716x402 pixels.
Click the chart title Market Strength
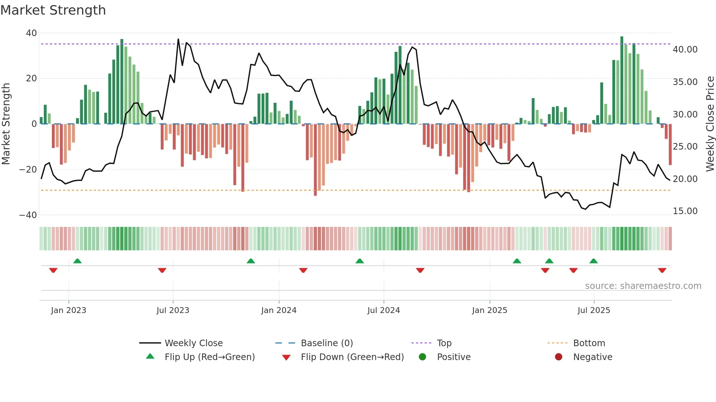click(53, 10)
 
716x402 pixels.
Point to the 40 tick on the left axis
click(31, 33)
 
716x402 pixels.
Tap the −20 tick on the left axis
click(28, 170)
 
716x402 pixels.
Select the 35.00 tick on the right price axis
click(685, 82)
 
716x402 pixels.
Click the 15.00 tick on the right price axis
click(685, 211)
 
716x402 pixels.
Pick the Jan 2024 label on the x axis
click(279, 310)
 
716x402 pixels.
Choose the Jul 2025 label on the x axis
click(594, 310)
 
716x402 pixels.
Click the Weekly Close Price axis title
click(710, 124)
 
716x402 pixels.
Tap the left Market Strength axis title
click(6, 124)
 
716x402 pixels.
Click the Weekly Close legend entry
click(193, 343)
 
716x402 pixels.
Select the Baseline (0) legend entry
click(327, 343)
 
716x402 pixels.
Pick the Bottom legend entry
click(589, 343)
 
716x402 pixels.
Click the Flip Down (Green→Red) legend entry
click(352, 357)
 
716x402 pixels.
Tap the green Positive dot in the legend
click(423, 357)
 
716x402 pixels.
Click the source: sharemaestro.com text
click(643, 286)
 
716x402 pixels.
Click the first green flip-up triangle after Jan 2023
click(77, 261)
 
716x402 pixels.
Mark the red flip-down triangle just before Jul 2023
click(162, 270)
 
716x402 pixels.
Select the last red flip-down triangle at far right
click(662, 270)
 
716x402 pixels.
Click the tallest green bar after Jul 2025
click(622, 80)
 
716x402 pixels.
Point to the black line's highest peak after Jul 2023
click(178, 39)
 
